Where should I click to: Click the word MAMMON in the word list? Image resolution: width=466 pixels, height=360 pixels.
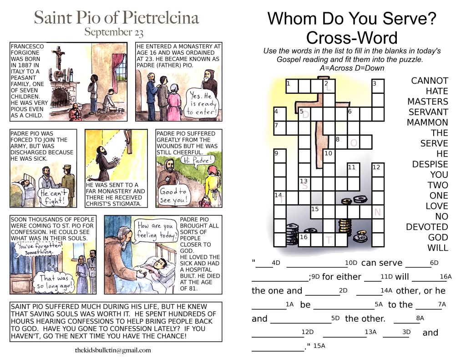point(427,122)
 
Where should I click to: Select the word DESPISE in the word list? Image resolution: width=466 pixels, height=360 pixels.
point(430,164)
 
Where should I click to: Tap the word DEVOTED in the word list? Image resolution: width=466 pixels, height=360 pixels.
point(427,227)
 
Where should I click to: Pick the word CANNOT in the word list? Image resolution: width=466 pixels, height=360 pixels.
point(430,81)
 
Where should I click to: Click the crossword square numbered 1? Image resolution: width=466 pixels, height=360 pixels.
point(292,86)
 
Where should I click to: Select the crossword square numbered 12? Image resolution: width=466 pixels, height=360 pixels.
point(378,170)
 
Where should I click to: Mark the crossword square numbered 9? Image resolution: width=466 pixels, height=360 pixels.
point(280,156)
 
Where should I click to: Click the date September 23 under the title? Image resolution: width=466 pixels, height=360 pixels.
point(114,32)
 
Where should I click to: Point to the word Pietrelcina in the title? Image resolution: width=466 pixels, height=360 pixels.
point(160,17)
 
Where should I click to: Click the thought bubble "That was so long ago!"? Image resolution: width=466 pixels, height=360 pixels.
point(55,282)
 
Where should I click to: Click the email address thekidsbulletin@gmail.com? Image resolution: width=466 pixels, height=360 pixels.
point(113,350)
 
